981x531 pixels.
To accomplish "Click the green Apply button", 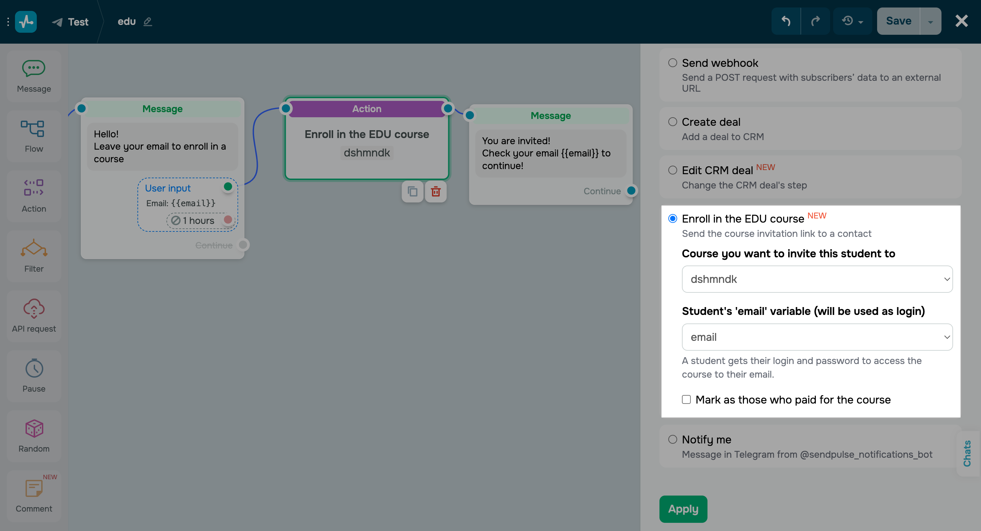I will pyautogui.click(x=683, y=509).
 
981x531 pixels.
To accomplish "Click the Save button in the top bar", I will pyautogui.click(x=898, y=21).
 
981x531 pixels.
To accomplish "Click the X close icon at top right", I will pyautogui.click(x=961, y=21).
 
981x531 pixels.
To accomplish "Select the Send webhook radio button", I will pyautogui.click(x=672, y=63).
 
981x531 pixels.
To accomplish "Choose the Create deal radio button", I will pyautogui.click(x=672, y=122).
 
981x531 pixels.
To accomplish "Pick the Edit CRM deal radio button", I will pyautogui.click(x=672, y=170).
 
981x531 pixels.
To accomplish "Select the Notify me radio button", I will pyautogui.click(x=672, y=439).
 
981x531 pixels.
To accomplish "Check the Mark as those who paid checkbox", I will pyautogui.click(x=686, y=399).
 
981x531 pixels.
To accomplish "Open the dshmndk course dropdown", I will pyautogui.click(x=817, y=279).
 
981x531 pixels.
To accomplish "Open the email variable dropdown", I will pyautogui.click(x=817, y=337).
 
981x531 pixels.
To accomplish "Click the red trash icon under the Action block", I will pyautogui.click(x=436, y=191).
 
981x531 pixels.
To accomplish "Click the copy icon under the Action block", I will pyautogui.click(x=412, y=191).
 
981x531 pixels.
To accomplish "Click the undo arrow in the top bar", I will pyautogui.click(x=785, y=21).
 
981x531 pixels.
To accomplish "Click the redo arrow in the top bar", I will pyautogui.click(x=815, y=21).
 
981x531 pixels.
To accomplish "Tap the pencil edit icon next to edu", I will pyautogui.click(x=148, y=22).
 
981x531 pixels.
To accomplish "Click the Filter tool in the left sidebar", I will pyautogui.click(x=34, y=256).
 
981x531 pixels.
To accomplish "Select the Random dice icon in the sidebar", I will pyautogui.click(x=34, y=429).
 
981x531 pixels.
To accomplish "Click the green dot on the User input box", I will pyautogui.click(x=228, y=187).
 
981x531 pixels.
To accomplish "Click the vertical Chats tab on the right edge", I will pyautogui.click(x=967, y=453).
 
